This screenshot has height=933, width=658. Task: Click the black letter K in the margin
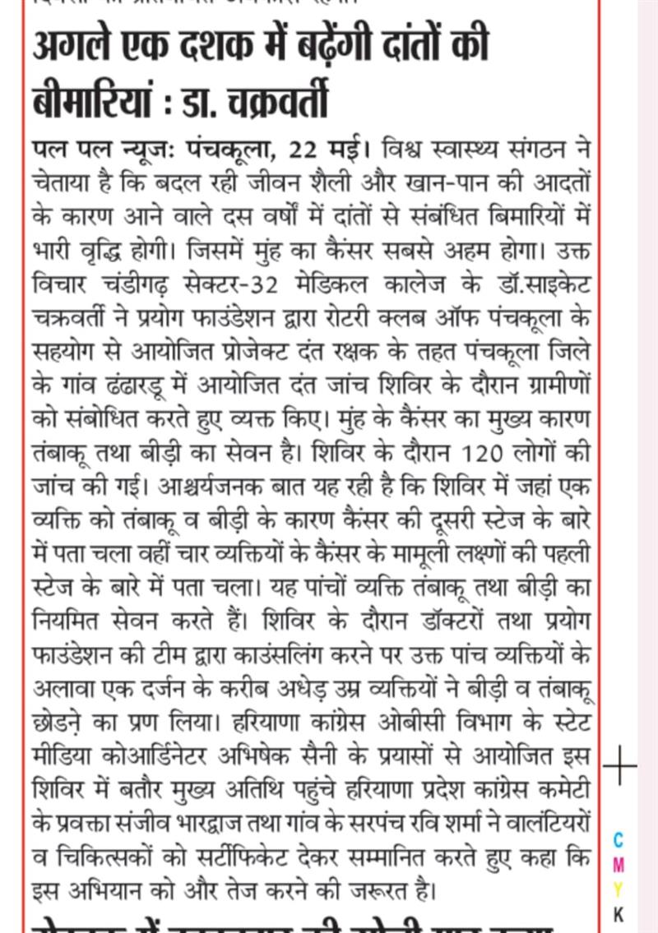(x=619, y=913)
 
